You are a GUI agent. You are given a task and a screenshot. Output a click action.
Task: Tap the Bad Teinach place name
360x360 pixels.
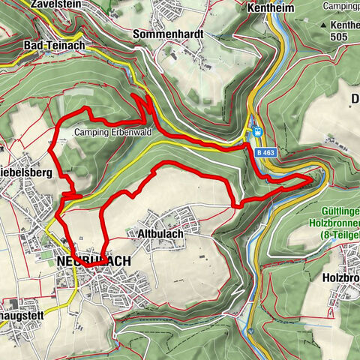(x=54, y=45)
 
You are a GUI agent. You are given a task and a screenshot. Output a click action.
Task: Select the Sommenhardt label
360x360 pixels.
(x=166, y=34)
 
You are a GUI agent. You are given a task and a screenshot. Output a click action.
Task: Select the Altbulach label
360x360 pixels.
(x=160, y=233)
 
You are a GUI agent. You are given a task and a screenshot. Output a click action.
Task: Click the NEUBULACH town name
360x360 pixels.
(x=93, y=261)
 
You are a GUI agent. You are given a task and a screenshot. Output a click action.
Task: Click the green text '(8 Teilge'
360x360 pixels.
(x=333, y=234)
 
